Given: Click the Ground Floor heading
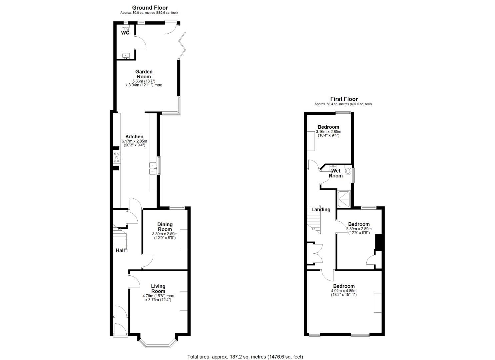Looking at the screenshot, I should (150, 8).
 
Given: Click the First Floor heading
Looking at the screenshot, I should (344, 99).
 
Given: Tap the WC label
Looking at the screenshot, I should (125, 33).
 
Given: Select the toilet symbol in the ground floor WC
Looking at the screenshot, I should (126, 29).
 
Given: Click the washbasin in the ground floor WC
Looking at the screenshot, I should (126, 55).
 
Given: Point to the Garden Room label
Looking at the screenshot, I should (144, 74).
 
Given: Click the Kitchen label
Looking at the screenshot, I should (134, 137).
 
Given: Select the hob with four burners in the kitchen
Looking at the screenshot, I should (116, 158).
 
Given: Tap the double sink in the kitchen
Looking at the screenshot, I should (153, 168).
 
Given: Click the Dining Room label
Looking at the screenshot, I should (165, 227).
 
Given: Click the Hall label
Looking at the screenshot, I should (120, 250).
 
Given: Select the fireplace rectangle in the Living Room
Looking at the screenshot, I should (183, 301).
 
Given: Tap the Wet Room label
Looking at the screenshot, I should (336, 173).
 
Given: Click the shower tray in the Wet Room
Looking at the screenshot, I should (344, 199).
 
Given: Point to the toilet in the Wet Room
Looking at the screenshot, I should (348, 171).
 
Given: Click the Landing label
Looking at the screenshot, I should (321, 210).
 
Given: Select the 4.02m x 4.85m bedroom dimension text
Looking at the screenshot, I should (343, 291).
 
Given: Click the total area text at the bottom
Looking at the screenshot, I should (245, 357).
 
